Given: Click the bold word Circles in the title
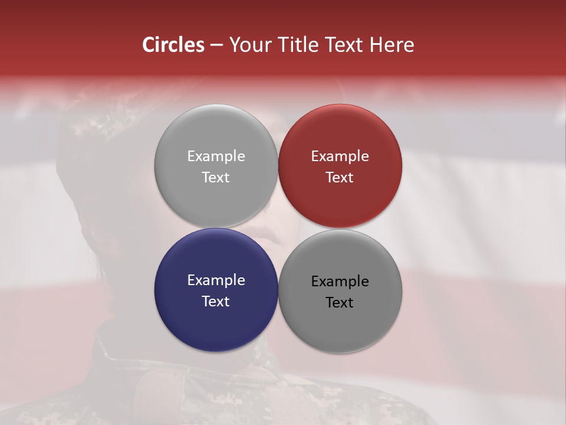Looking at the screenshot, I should (x=173, y=45).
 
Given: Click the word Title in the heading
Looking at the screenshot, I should (x=295, y=45).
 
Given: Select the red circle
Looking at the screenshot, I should (x=340, y=166).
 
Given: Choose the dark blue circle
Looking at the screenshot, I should (x=216, y=290).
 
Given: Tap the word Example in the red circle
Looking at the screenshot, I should (x=340, y=156).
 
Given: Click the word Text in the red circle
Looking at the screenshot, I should (x=340, y=178).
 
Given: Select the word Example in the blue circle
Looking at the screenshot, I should (x=216, y=280).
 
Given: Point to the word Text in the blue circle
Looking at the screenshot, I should (x=216, y=302).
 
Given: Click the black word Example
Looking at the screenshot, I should (x=340, y=282).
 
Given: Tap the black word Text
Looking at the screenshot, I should (x=340, y=303).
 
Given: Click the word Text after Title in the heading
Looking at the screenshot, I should (x=344, y=45).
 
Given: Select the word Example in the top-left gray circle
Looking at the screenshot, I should (x=216, y=156).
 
